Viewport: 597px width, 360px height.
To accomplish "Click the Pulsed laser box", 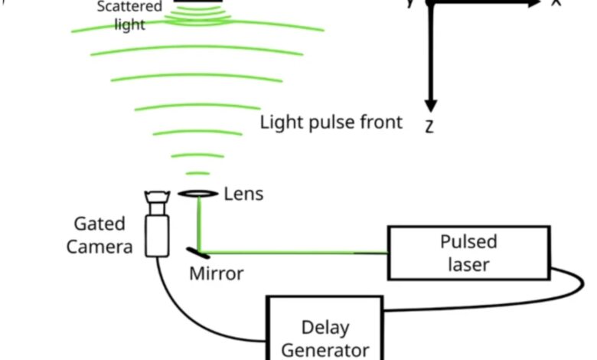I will (468, 254).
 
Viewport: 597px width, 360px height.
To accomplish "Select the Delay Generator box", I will (325, 329).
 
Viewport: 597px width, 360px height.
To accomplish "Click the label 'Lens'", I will (243, 194).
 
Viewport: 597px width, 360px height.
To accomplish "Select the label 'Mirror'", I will (217, 273).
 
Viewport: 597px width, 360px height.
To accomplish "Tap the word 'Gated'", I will (99, 224).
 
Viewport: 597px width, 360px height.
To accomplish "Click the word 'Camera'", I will (99, 247).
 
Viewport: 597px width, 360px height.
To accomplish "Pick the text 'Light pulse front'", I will (331, 123).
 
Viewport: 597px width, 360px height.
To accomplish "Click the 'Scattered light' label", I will (129, 15).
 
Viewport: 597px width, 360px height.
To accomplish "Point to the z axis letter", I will (429, 126).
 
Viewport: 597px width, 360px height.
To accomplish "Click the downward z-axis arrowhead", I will (430, 103).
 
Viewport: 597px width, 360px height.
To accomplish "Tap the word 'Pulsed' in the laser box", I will (468, 242).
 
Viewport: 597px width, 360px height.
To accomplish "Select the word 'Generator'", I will (325, 350).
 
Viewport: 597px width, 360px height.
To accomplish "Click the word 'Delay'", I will (325, 328).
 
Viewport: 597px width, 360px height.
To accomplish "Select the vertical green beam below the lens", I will (200, 222).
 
